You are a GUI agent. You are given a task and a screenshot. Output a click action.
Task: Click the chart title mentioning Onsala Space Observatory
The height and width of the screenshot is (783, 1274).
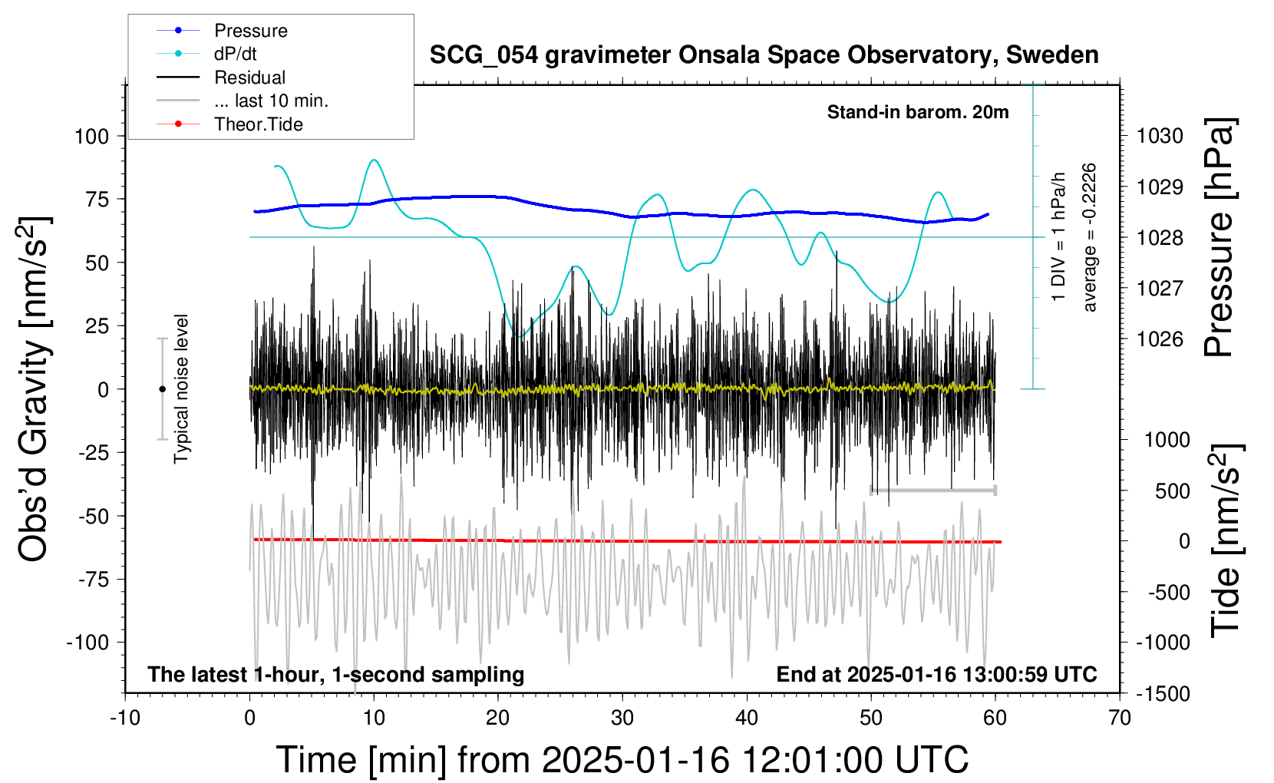coord(764,55)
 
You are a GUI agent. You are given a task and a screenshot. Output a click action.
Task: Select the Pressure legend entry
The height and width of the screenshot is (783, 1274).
coord(251,31)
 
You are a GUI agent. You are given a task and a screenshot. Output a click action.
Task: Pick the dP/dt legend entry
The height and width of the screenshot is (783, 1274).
coord(235,54)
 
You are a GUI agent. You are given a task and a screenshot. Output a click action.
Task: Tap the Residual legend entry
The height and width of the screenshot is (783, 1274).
coord(249,78)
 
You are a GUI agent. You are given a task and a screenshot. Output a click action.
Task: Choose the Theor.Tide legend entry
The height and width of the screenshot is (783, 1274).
coord(258,124)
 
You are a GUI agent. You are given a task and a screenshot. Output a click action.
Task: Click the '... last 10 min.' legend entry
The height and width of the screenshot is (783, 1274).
coord(271,101)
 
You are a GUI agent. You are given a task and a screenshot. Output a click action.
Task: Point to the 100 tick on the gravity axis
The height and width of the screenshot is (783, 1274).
coord(92,136)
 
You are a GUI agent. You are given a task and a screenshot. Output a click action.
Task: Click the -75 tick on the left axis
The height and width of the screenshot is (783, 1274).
coord(94,579)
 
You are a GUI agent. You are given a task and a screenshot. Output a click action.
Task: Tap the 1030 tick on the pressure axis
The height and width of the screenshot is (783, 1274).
coord(1160,136)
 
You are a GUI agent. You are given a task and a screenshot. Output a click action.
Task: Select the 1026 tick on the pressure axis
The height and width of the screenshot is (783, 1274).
coord(1160,339)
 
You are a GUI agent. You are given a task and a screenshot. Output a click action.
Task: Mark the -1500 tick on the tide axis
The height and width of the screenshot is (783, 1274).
coord(1163,693)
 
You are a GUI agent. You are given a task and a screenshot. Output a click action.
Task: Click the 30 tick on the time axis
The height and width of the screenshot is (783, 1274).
coord(622,719)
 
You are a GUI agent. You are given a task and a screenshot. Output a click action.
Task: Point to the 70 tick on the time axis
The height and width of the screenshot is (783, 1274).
coord(1120,719)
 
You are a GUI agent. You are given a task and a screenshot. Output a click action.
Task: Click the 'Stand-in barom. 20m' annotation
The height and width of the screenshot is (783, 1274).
coord(918,112)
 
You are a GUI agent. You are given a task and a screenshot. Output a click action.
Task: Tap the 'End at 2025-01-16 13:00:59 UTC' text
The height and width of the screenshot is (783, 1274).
coord(936,674)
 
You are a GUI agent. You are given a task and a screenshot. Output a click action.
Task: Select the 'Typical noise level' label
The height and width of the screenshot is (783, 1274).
coord(181,388)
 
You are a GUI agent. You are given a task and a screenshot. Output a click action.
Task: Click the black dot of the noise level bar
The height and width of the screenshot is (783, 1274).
coord(162,389)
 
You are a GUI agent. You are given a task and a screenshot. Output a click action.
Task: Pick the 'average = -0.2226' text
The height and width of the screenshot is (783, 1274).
coord(1089,237)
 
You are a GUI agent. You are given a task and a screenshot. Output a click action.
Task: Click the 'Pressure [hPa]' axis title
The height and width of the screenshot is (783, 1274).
coord(1219,237)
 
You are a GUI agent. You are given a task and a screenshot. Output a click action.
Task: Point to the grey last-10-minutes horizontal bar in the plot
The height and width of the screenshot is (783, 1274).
coord(932,490)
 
